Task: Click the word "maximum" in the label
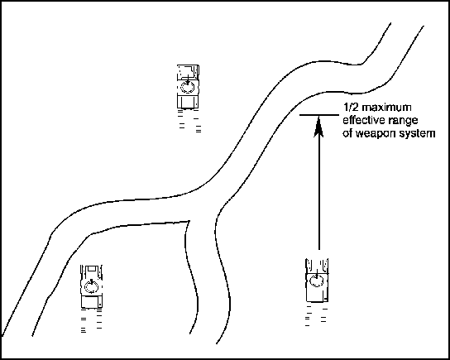click(386, 108)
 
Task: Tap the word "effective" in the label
click(364, 120)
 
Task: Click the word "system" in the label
click(417, 134)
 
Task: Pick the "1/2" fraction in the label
click(351, 108)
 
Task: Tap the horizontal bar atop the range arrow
click(319, 115)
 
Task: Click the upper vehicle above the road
click(188, 87)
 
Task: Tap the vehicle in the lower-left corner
click(91, 286)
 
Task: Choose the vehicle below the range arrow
click(317, 280)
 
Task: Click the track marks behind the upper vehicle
click(189, 121)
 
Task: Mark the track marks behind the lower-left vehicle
click(91, 320)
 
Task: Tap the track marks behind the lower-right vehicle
click(316, 315)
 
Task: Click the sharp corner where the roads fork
click(189, 221)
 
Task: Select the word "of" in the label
click(347, 134)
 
